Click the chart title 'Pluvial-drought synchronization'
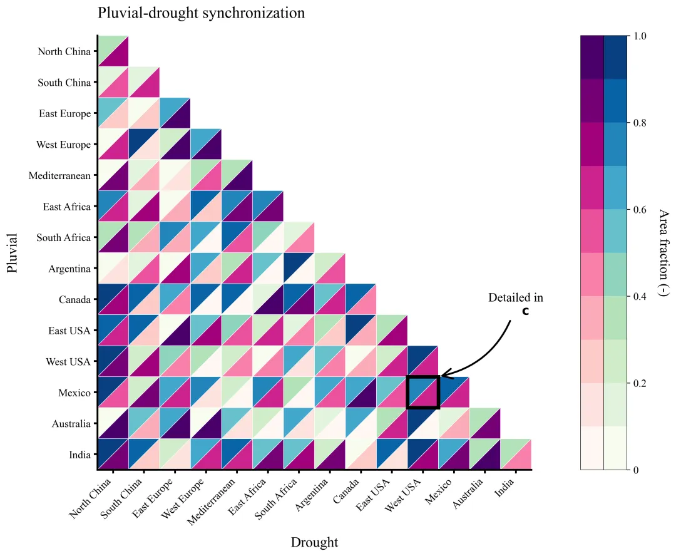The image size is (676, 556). [201, 13]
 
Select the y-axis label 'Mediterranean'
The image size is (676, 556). [59, 175]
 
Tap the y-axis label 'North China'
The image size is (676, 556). [64, 51]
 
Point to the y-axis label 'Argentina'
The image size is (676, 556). [69, 269]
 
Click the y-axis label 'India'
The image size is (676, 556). [79, 455]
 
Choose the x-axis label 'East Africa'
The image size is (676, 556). [247, 497]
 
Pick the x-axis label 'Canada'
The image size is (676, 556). [347, 491]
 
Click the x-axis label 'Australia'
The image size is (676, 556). [468, 493]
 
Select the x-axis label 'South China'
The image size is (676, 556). [121, 498]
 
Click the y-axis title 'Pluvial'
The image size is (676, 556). [12, 253]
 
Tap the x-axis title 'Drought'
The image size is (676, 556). [314, 542]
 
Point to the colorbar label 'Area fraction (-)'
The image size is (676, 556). [664, 253]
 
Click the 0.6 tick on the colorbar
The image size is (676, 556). [640, 210]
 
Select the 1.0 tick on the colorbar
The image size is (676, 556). [640, 36]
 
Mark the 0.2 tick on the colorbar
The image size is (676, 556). [640, 383]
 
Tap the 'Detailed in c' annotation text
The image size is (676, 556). [516, 304]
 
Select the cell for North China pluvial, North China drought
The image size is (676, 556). [113, 51]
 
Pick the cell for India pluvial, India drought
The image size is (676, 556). [516, 454]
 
